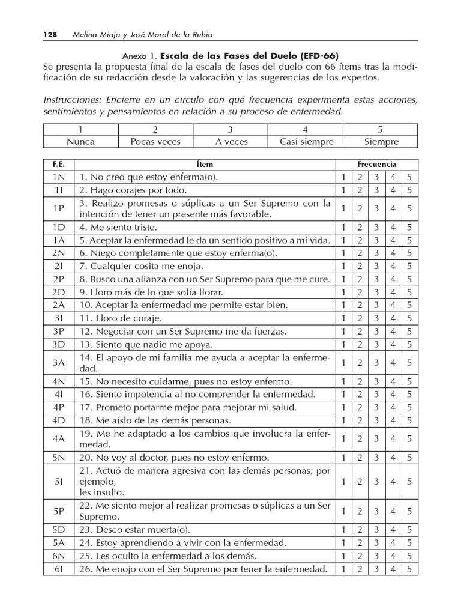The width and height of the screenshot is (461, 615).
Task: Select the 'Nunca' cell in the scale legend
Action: coord(80,142)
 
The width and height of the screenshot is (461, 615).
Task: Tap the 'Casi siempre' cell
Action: coord(306,142)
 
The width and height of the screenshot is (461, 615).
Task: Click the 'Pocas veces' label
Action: coord(155,142)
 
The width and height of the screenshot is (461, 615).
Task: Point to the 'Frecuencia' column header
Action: coord(376,164)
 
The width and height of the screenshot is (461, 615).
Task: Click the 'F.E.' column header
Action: coord(58,164)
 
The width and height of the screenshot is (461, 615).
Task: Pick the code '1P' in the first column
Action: coord(58,209)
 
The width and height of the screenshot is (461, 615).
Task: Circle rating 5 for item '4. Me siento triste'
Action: coord(409,228)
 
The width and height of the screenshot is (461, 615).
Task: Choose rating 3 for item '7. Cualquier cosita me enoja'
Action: coord(376,266)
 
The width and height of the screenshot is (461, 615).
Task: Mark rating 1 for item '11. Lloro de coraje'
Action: coord(343,318)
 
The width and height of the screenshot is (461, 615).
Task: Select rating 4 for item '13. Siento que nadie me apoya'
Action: coord(393,344)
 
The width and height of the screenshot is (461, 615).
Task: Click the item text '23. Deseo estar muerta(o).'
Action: coord(134,530)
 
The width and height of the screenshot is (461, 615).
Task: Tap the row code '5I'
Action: coord(58,481)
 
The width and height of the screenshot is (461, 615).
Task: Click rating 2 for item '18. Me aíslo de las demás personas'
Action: coord(360,420)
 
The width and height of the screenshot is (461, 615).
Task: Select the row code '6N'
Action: coord(58,556)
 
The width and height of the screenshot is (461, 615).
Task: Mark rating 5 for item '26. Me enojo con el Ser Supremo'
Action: coord(409,569)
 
